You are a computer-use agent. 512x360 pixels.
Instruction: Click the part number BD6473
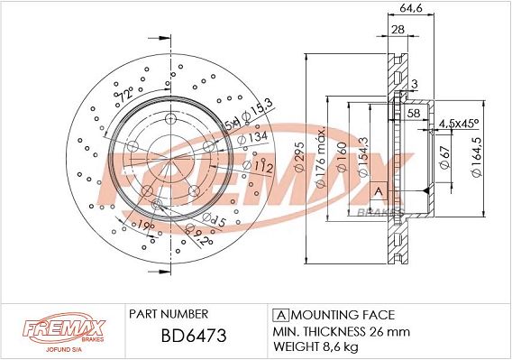(194, 336)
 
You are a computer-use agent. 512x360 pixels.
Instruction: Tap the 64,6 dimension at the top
(411, 8)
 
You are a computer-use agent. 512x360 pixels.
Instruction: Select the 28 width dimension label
(398, 30)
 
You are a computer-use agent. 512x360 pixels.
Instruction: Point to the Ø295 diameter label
(299, 157)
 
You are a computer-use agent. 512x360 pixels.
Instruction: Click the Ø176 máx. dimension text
(321, 157)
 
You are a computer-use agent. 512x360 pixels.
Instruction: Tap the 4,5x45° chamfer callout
(459, 124)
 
